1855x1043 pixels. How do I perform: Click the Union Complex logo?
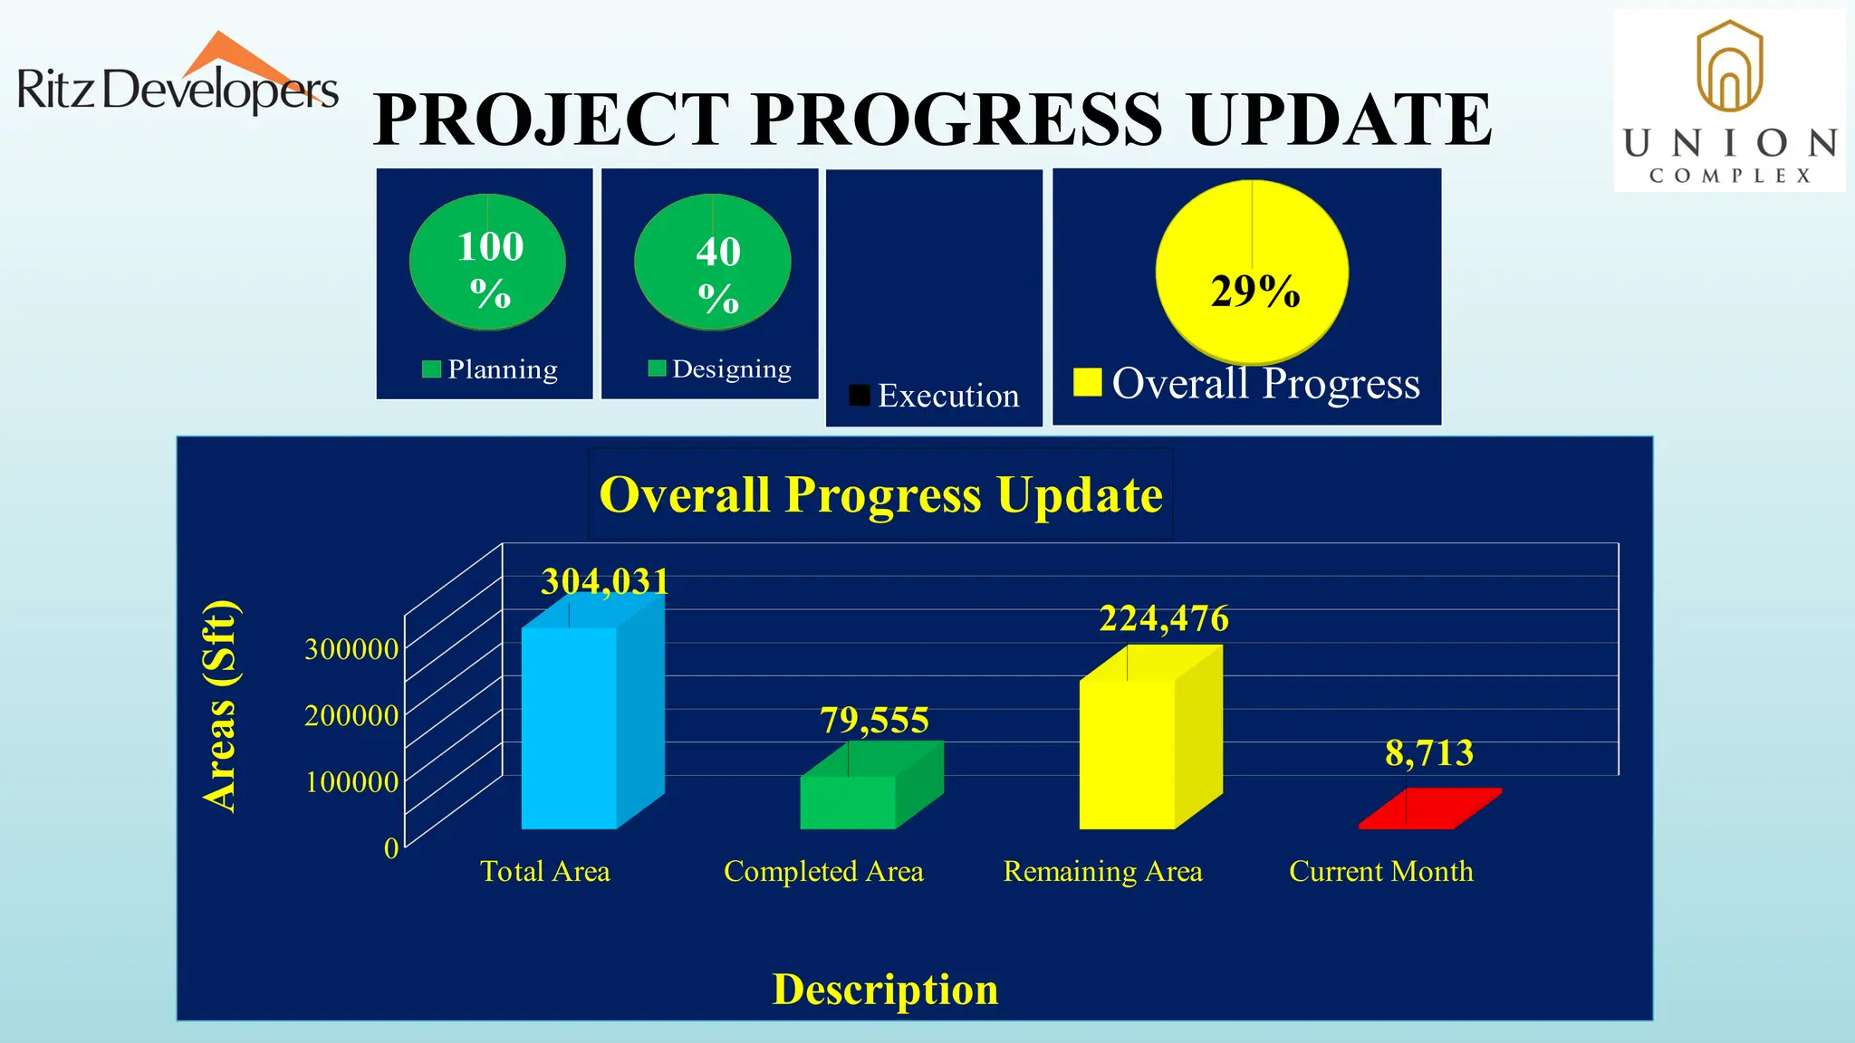point(1728,101)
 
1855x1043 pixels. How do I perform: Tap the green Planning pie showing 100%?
point(487,262)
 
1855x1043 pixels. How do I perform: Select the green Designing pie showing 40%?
point(712,262)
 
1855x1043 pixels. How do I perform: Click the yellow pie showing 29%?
point(1252,272)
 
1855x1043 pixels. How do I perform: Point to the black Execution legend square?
point(860,396)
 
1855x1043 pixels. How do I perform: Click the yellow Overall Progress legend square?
point(1087,382)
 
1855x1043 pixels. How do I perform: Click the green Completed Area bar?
point(849,801)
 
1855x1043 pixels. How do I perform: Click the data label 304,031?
point(605,581)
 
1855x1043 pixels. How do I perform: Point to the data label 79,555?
point(874,721)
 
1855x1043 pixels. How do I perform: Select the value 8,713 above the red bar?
point(1429,753)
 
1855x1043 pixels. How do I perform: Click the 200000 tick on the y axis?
point(351,715)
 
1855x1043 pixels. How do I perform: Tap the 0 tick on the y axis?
point(391,848)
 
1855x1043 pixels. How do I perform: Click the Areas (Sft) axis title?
point(220,706)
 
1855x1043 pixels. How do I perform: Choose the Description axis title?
point(885,989)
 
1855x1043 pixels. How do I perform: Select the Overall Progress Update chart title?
point(880,494)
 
